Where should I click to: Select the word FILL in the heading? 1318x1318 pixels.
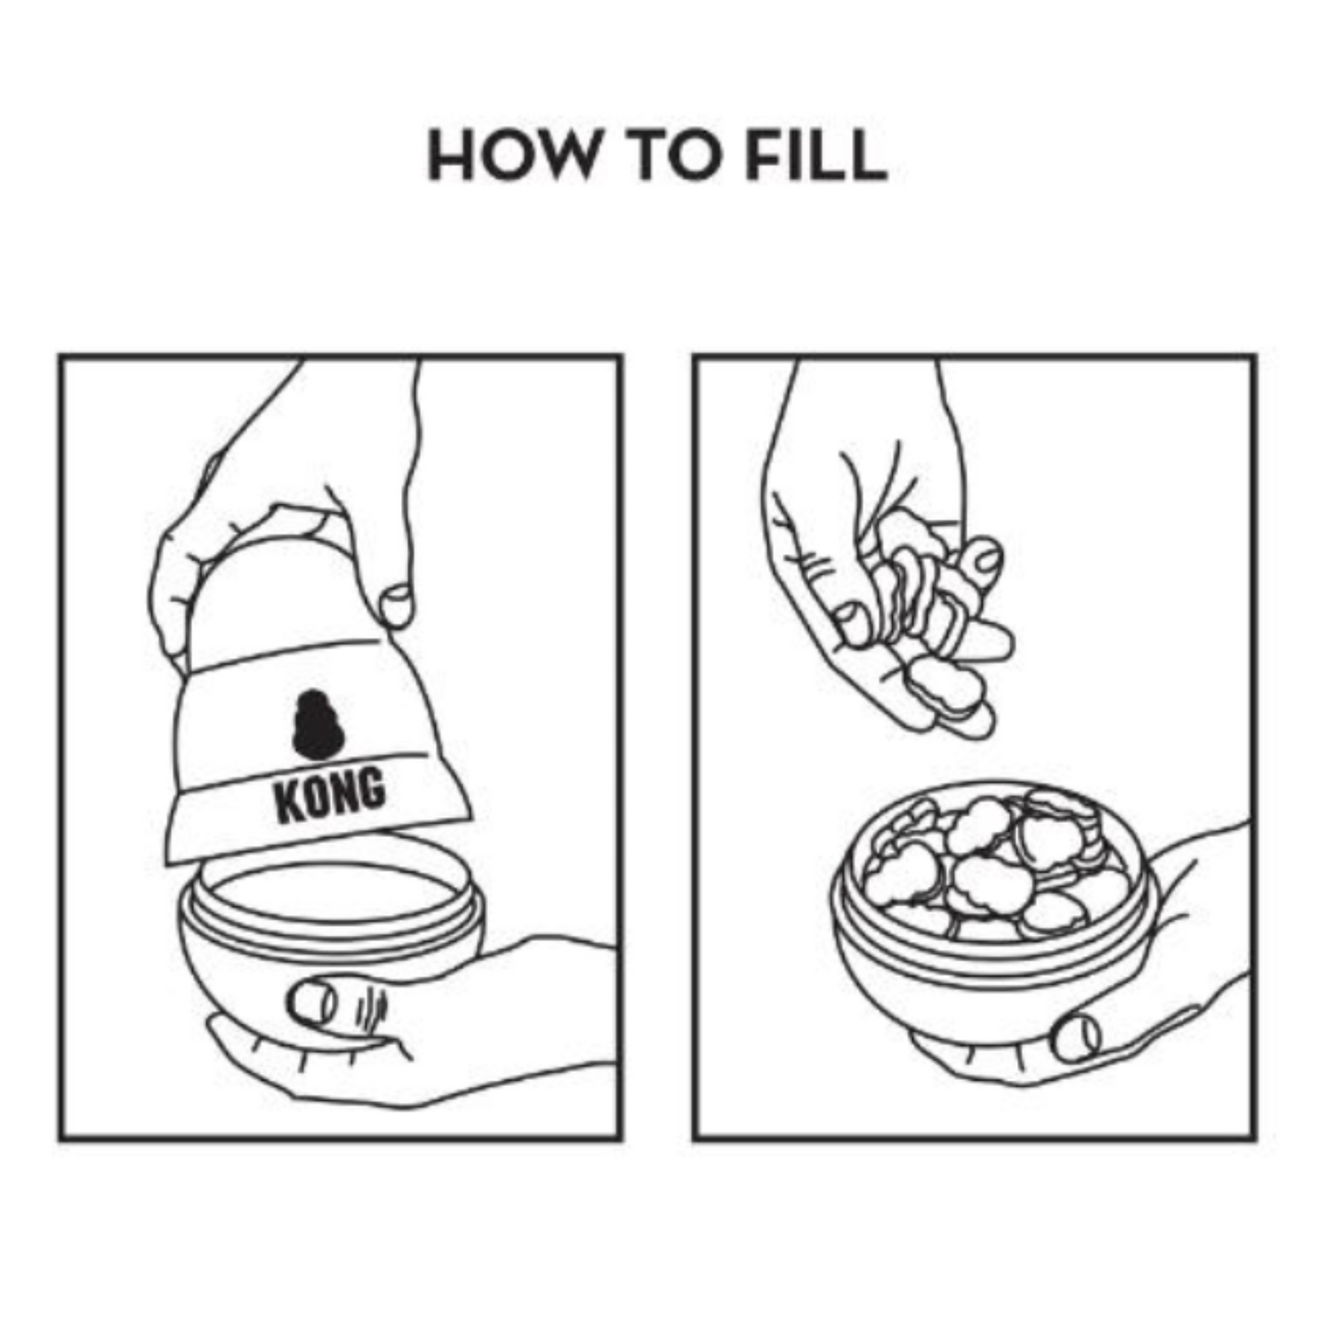816,156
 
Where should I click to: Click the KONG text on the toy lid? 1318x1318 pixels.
329,795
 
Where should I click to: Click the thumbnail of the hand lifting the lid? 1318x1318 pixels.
397,606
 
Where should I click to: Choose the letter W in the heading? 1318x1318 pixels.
560,156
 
